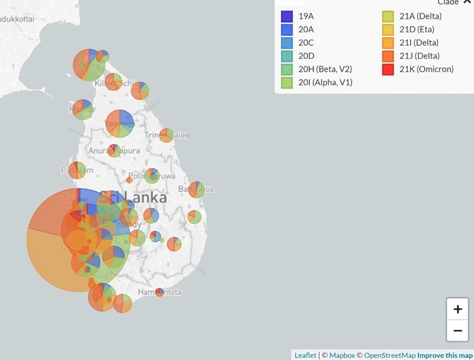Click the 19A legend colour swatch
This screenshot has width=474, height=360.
pyautogui.click(x=286, y=17)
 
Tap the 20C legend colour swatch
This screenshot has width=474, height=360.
pyautogui.click(x=286, y=43)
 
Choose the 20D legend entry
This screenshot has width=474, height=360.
pyautogui.click(x=306, y=56)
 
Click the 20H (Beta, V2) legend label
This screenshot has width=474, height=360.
pyautogui.click(x=325, y=69)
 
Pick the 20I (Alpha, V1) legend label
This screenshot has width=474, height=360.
pyautogui.click(x=325, y=82)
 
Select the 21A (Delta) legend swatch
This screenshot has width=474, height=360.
pyautogui.click(x=388, y=17)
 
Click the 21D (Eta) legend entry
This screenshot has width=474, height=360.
pyautogui.click(x=415, y=30)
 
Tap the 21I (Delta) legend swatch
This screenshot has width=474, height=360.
pyautogui.click(x=388, y=43)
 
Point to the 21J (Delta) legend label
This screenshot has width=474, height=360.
pyautogui.click(x=419, y=56)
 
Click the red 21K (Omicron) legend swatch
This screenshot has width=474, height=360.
pyautogui.click(x=388, y=69)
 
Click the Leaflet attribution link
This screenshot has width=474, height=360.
pyautogui.click(x=305, y=355)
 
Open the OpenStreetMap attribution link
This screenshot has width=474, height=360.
pyautogui.click(x=390, y=355)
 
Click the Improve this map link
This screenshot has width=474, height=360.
pyautogui.click(x=445, y=355)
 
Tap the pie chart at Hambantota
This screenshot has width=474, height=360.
pyautogui.click(x=160, y=292)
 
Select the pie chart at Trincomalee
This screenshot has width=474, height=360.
pyautogui.click(x=167, y=135)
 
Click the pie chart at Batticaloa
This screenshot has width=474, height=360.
pyautogui.click(x=197, y=190)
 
